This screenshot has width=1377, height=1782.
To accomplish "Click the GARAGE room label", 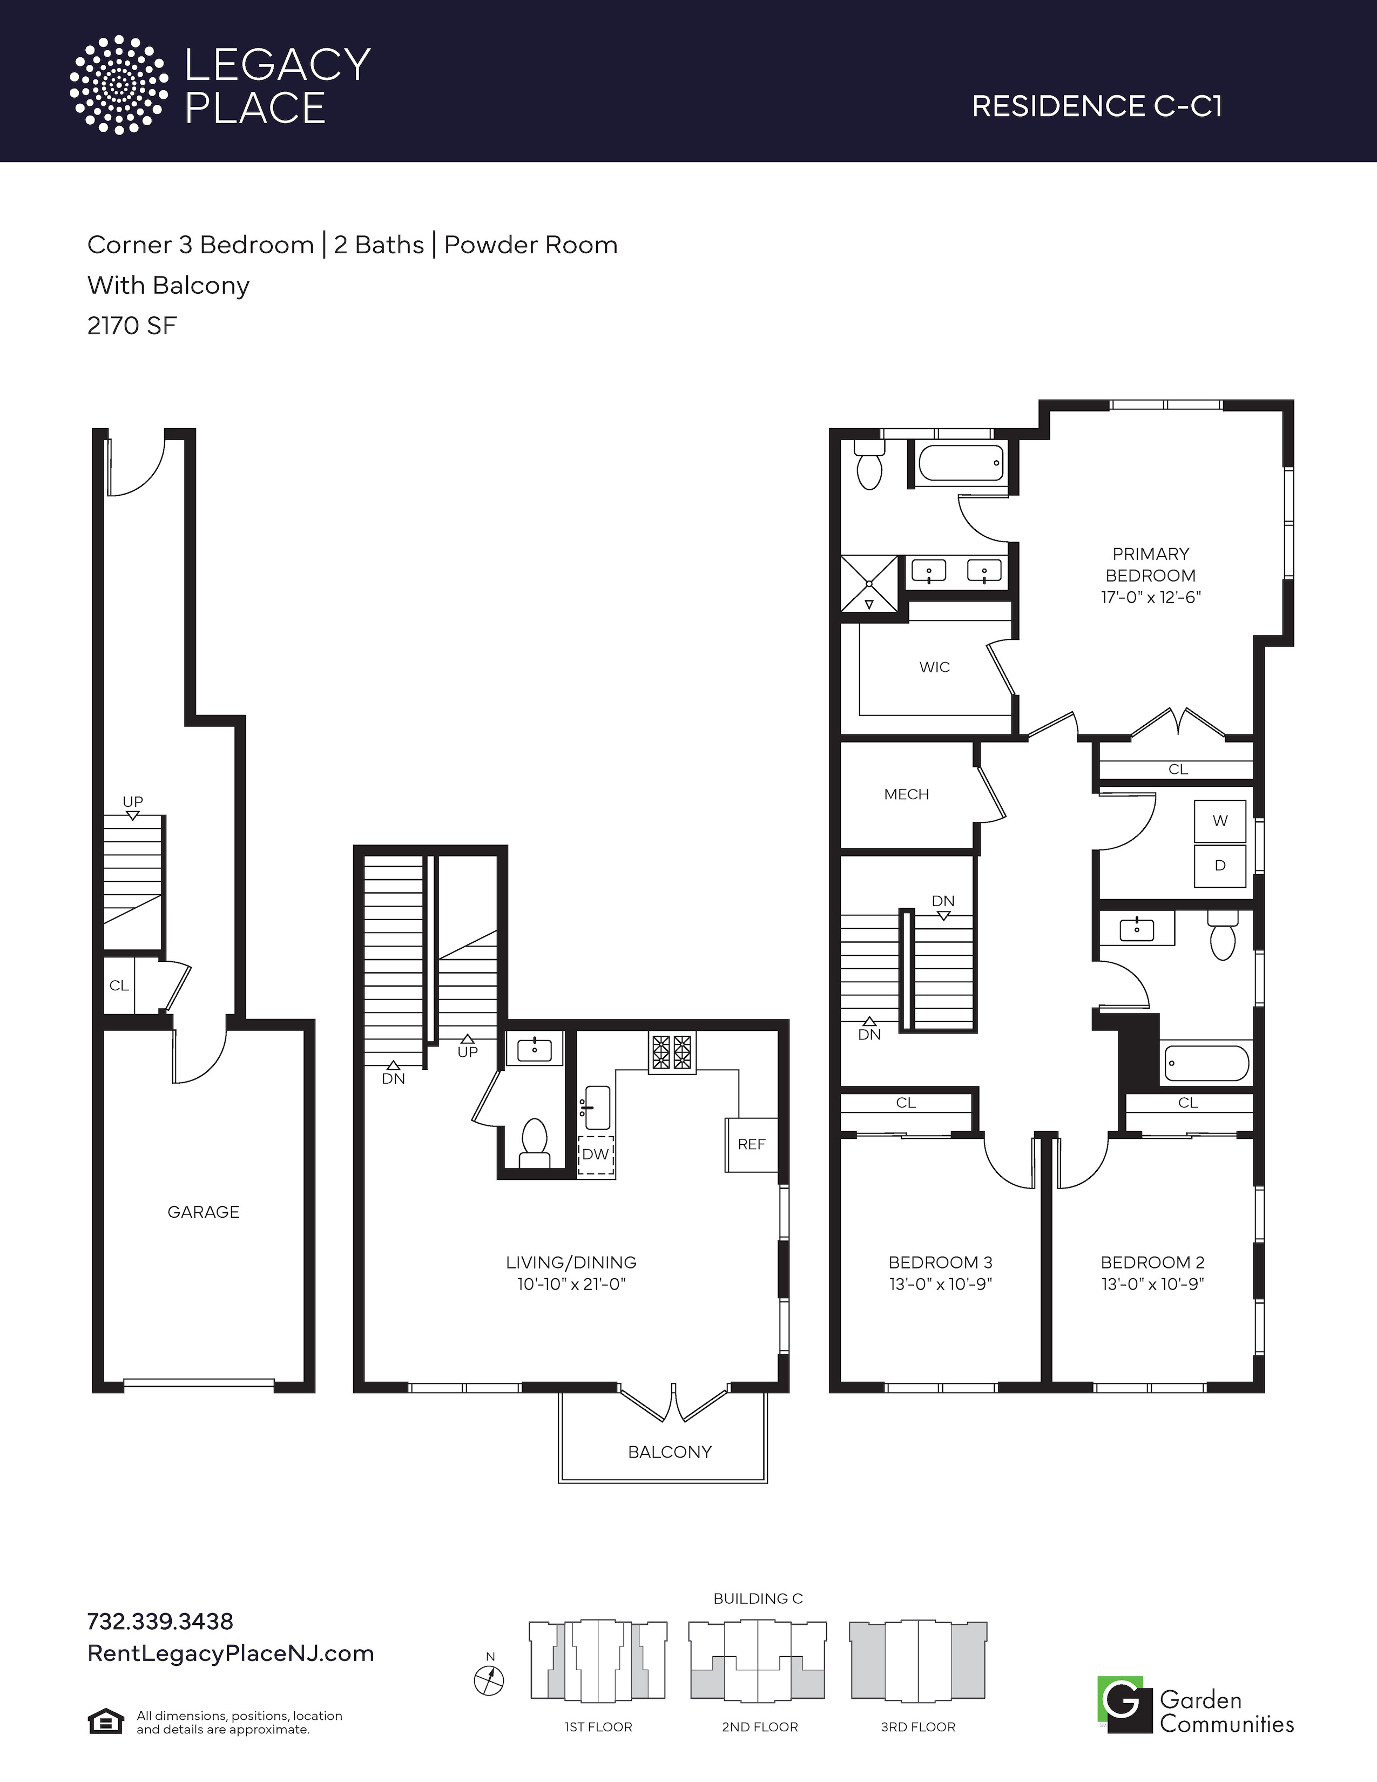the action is (203, 1212).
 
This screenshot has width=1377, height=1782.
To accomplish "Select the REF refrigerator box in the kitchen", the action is (751, 1144).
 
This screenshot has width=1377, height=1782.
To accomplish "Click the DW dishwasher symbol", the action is (596, 1155).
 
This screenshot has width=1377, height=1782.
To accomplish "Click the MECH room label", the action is (906, 794).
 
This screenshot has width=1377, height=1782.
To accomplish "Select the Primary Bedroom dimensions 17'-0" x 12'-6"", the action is (1151, 597).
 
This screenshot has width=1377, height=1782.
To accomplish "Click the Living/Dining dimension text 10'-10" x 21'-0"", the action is (571, 1284).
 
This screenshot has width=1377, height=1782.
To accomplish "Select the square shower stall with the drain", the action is (869, 583).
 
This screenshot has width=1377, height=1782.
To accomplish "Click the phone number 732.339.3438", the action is (160, 1621).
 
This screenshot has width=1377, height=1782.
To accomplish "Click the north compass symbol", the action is (489, 1680).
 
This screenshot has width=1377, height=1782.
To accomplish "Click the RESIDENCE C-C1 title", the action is (1096, 106).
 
